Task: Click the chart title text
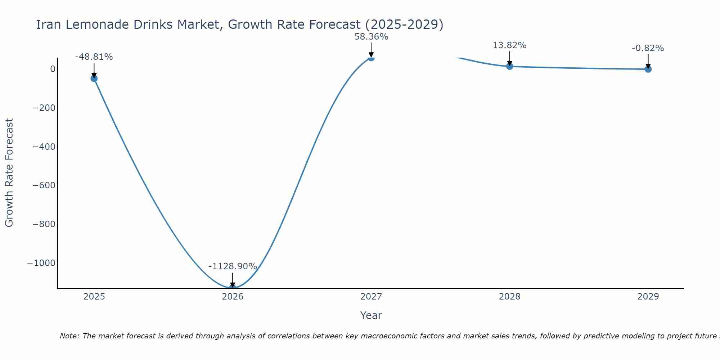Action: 239,24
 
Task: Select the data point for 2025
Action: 94,78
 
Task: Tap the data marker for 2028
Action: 509,66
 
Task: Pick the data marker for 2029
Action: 648,69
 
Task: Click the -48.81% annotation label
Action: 94,57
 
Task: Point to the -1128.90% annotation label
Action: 233,266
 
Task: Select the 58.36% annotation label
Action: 371,37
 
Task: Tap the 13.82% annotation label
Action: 509,45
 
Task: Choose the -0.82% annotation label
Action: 648,48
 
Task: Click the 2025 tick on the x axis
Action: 94,297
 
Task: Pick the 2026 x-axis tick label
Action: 233,297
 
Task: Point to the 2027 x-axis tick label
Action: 371,297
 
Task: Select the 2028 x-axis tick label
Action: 509,297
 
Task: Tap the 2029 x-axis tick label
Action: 648,297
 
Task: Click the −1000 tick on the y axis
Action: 41,263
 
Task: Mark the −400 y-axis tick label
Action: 44,147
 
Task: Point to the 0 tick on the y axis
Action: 53,69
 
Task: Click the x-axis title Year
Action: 371,315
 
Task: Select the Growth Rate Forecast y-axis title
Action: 9,173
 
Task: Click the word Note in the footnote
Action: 69,336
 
